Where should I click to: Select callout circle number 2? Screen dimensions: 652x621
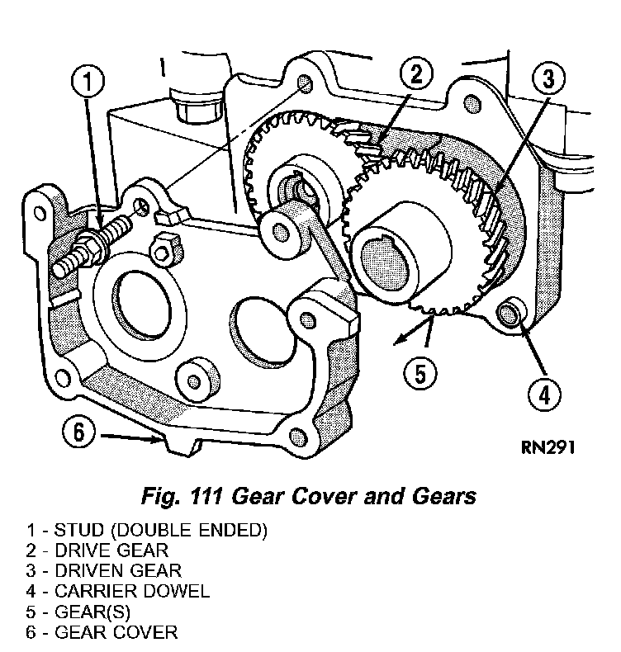click(x=415, y=75)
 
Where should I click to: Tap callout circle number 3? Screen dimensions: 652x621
click(x=548, y=81)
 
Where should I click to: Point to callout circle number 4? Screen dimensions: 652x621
click(x=543, y=394)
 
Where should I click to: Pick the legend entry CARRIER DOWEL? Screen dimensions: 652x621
click(x=118, y=591)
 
